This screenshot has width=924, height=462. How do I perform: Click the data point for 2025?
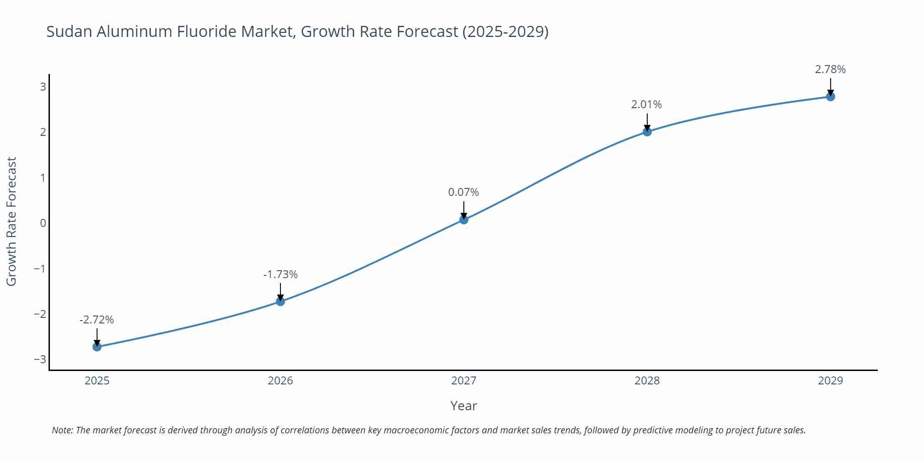pyautogui.click(x=97, y=346)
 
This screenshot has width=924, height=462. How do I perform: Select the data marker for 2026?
pyautogui.click(x=280, y=301)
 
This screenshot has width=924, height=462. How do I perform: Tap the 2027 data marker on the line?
pyautogui.click(x=464, y=219)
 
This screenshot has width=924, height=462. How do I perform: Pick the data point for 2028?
pyautogui.click(x=647, y=132)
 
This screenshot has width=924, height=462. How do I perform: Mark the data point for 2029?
pyautogui.click(x=830, y=97)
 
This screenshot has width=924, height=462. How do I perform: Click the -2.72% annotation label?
pyautogui.click(x=97, y=320)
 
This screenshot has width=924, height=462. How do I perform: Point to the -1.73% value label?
pyautogui.click(x=280, y=274)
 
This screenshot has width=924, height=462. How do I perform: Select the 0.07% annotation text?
pyautogui.click(x=463, y=192)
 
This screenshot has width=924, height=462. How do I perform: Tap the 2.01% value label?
pyautogui.click(x=646, y=104)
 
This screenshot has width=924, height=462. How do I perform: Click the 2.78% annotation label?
pyautogui.click(x=830, y=69)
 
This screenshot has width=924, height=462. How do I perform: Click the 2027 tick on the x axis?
pyautogui.click(x=464, y=381)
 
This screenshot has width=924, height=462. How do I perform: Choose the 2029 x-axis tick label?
pyautogui.click(x=830, y=381)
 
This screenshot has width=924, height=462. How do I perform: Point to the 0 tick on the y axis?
pyautogui.click(x=43, y=223)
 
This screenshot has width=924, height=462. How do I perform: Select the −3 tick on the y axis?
pyautogui.click(x=40, y=359)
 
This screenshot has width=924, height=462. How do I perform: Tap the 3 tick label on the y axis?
pyautogui.click(x=43, y=87)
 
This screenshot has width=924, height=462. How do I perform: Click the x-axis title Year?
pyautogui.click(x=463, y=406)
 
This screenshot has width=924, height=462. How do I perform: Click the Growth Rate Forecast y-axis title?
pyautogui.click(x=12, y=221)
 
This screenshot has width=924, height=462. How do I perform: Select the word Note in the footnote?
pyautogui.click(x=62, y=430)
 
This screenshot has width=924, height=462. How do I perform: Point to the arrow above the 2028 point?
pyautogui.click(x=647, y=122)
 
